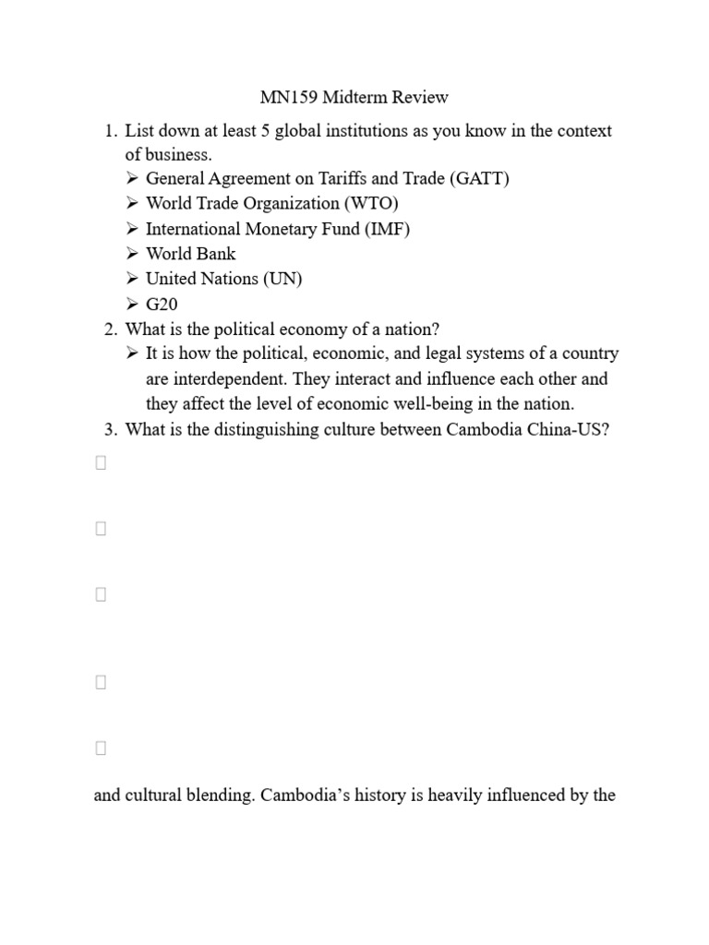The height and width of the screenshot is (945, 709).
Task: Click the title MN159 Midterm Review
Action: (x=350, y=97)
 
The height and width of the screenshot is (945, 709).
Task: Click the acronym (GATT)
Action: (x=480, y=178)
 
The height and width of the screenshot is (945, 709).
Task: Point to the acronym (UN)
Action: (x=283, y=278)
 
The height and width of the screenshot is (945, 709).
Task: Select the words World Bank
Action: (x=191, y=253)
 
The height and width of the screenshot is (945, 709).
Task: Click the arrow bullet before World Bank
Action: (x=132, y=253)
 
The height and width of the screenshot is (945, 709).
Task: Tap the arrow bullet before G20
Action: (x=132, y=304)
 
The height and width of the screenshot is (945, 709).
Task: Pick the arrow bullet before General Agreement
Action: (x=132, y=178)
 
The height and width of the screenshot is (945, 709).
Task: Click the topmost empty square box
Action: (x=101, y=463)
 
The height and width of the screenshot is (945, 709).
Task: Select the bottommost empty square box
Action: (x=101, y=748)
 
